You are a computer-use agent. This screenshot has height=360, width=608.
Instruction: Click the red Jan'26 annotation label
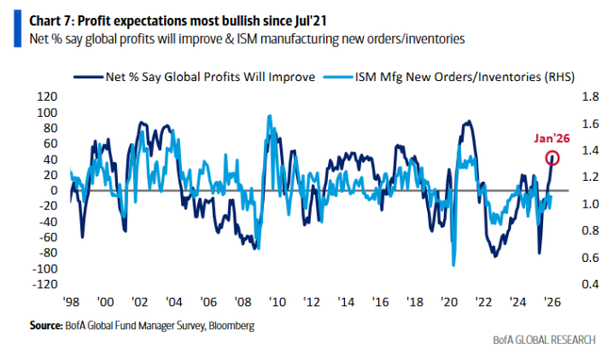pos(550,138)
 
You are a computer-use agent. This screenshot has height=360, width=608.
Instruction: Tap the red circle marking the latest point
pos(552,158)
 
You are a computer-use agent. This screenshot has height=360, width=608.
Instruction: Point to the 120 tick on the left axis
pos(46,96)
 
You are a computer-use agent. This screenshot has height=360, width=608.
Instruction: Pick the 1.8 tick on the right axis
pos(585,96)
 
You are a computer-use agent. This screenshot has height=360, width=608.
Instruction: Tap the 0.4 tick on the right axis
pos(585,284)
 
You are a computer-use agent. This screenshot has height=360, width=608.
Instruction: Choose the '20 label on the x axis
pos(449,303)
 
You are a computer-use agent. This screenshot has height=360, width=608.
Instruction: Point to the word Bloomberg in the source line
pos(230,325)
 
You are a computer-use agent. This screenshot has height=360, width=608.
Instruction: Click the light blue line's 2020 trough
pos(453,265)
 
